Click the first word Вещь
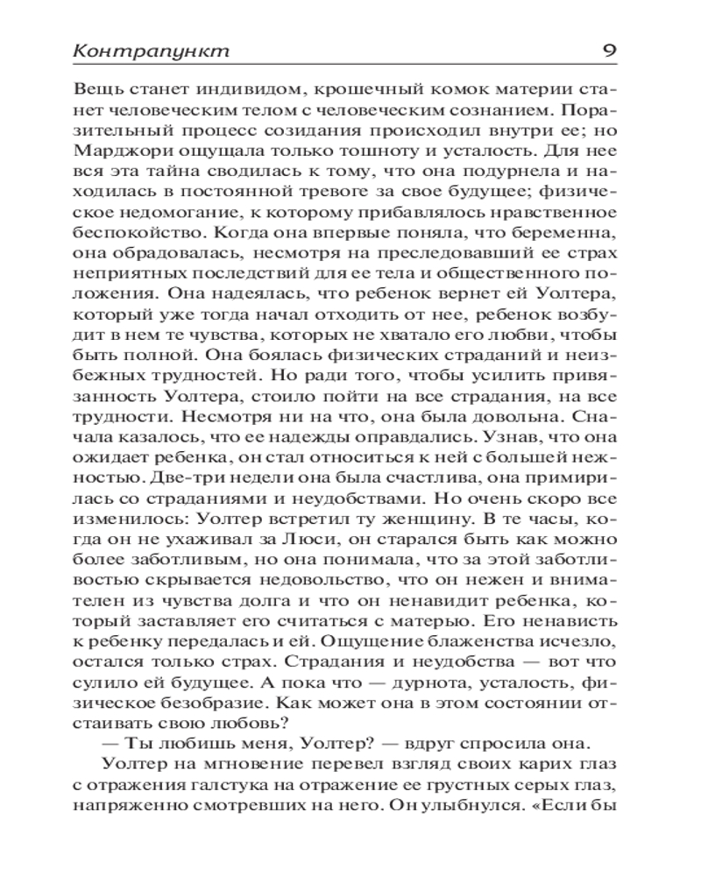point(98,89)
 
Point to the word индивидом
point(236,89)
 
